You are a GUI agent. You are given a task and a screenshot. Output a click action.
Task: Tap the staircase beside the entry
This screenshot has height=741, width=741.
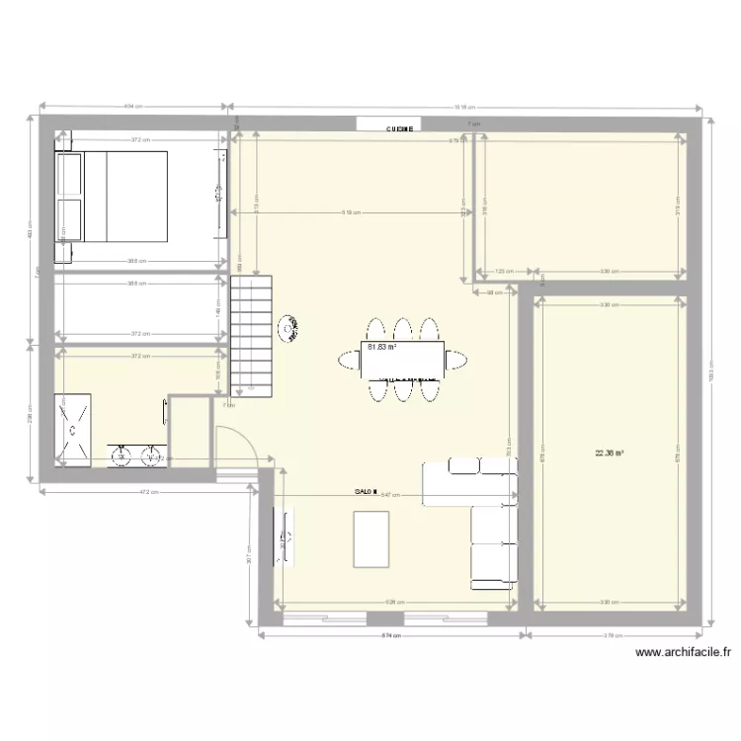(x=251, y=336)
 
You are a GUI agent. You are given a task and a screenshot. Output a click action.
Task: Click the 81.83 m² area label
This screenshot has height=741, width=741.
(x=381, y=348)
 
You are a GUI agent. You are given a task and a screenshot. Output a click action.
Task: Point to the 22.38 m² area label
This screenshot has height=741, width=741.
(x=609, y=454)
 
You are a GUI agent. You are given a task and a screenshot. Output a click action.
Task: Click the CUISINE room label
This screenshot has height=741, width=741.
(x=401, y=128)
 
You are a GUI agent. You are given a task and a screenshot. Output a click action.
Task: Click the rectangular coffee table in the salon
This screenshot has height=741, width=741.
(x=370, y=539)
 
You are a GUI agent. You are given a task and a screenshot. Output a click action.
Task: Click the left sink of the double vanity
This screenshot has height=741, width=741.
(x=122, y=455)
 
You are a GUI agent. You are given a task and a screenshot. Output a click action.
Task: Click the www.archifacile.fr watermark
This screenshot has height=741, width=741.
(x=684, y=652)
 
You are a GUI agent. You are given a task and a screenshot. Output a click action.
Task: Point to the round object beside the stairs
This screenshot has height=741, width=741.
(x=289, y=328)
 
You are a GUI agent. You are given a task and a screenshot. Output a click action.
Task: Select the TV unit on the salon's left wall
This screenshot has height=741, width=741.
(x=288, y=538)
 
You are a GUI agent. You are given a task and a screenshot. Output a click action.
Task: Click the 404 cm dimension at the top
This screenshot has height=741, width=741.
(x=134, y=106)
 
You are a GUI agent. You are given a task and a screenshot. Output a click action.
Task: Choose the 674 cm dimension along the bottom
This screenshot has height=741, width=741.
(x=392, y=636)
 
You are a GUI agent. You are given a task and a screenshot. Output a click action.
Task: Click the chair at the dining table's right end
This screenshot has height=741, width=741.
(x=455, y=361)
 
